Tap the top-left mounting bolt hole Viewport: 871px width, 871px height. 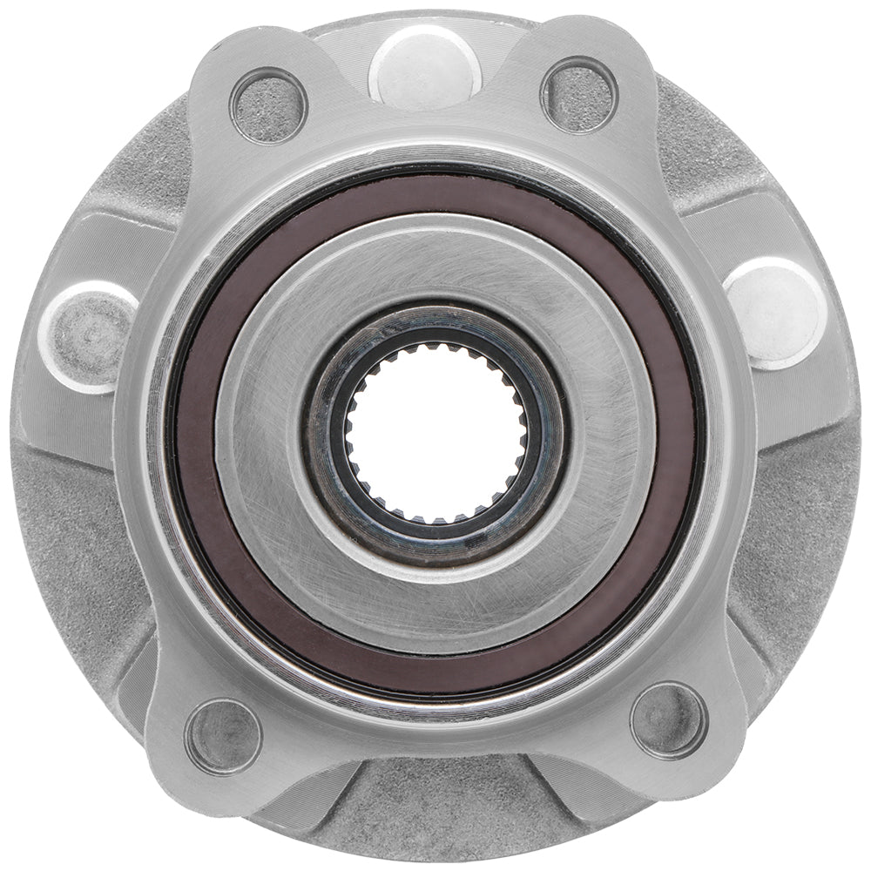[x=268, y=105]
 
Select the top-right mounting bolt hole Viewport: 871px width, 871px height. [x=579, y=94]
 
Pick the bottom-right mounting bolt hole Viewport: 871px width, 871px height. [x=669, y=720]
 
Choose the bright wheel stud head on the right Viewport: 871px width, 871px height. [x=773, y=310]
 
